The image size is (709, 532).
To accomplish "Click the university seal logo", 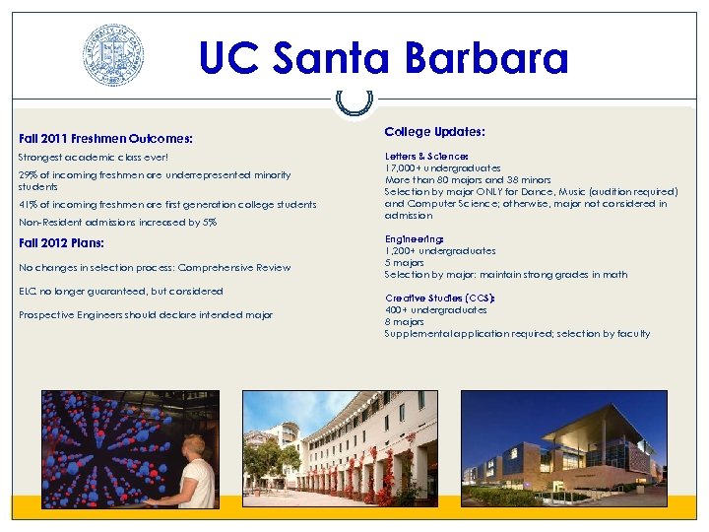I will pos(113,55).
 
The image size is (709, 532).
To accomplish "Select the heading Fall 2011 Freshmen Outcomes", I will pos(105,139).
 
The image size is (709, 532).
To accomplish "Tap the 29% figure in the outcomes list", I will pos(29,175).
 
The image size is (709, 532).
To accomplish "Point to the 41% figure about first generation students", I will pos(29,205).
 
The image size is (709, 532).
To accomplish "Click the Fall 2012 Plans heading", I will pos(62,242).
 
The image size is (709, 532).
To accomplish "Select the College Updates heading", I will pos(434,131).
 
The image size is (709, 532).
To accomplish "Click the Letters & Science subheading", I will pos(426,157).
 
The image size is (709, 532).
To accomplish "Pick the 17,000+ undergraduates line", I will pos(442,168).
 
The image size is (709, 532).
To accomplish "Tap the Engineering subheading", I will pos(414,239).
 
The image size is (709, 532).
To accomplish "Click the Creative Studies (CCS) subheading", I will pos(439,298).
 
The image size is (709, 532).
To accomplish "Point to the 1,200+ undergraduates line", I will pos(440,251).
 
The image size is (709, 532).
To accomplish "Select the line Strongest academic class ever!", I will pos(94,158).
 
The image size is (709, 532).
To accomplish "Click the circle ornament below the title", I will pos(354,100).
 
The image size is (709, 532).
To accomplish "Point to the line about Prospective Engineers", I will pos(145,315).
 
